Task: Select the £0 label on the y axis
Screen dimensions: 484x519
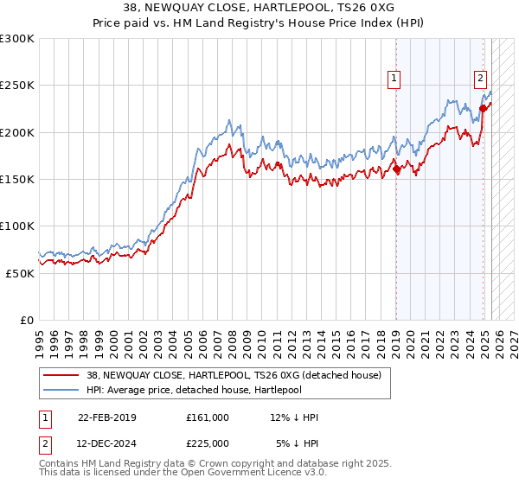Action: tap(26, 320)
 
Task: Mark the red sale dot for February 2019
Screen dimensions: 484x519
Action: tap(396, 169)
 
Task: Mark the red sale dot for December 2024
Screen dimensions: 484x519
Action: tap(483, 109)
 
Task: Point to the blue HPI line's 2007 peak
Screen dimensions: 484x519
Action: tap(228, 120)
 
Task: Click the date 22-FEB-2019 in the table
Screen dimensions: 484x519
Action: tap(106, 417)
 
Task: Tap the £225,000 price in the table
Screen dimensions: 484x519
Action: tap(208, 443)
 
